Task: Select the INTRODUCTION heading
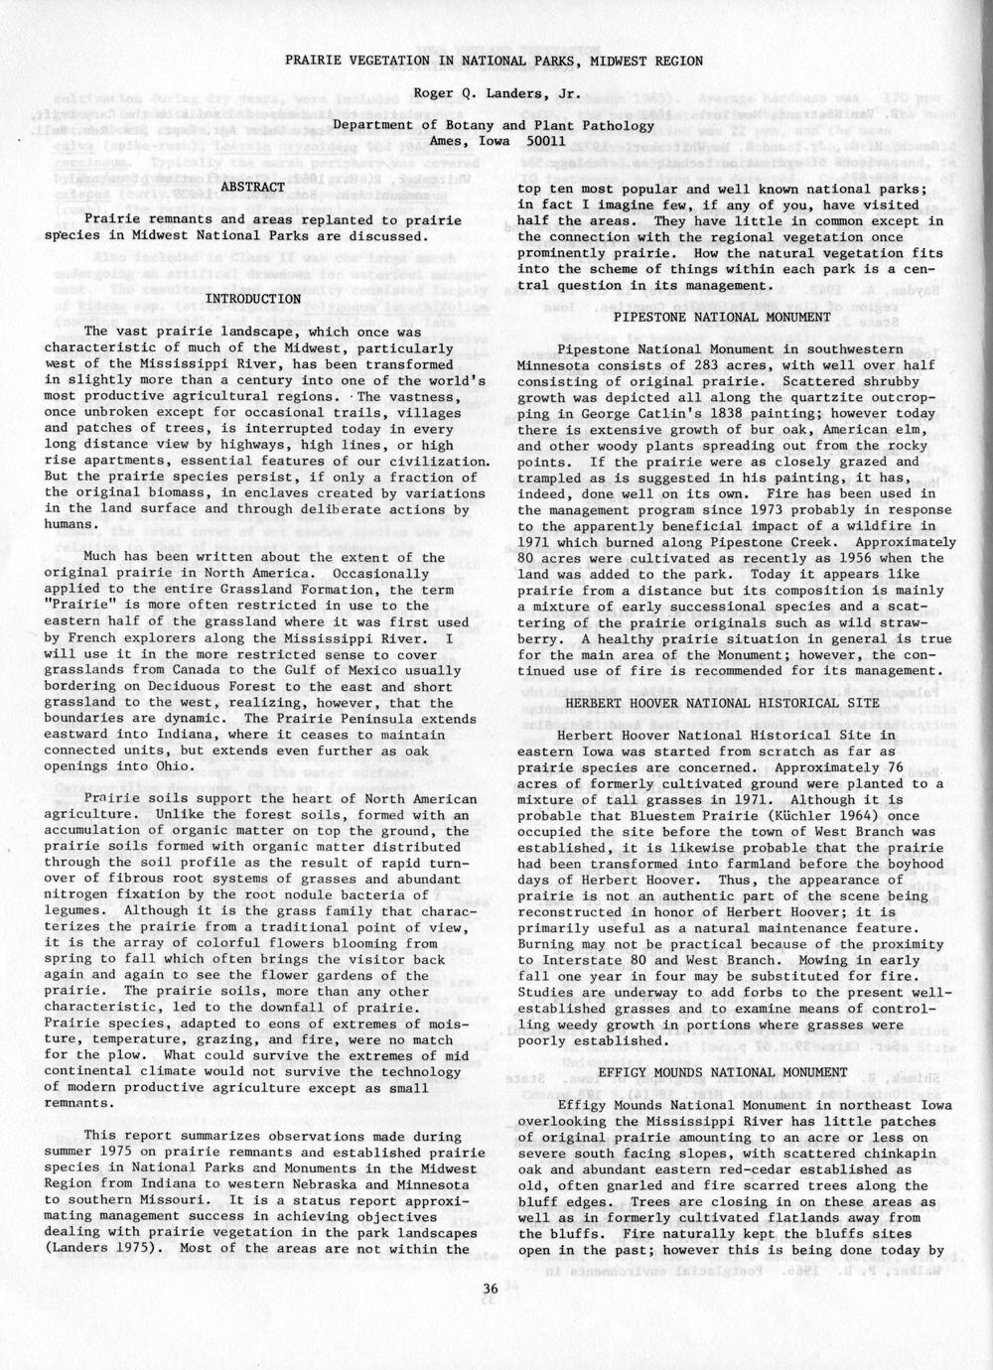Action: (252, 298)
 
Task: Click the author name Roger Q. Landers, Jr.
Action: (493, 95)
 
